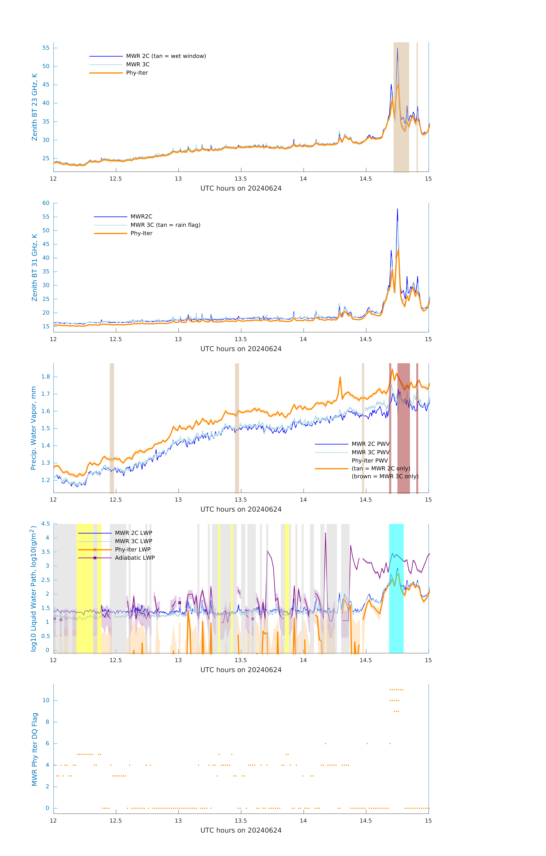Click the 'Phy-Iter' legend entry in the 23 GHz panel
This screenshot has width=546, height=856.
[137, 73]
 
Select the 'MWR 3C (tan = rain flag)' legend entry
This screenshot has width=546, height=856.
[165, 225]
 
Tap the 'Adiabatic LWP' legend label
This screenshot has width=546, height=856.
[135, 558]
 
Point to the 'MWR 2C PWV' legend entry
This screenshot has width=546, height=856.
[370, 444]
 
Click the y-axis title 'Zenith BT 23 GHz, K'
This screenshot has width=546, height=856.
[35, 107]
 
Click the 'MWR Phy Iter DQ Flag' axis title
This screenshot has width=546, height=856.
[35, 749]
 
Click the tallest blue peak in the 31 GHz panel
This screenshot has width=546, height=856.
[397, 210]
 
